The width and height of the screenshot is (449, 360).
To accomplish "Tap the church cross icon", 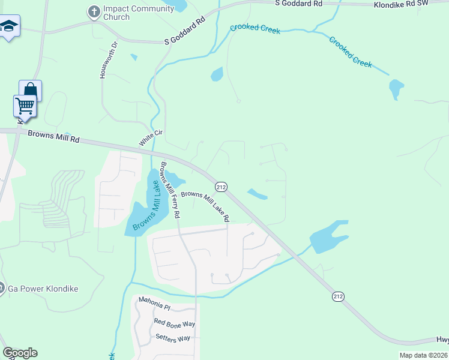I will click(93, 11).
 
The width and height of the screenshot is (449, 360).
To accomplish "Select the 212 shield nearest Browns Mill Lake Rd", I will click(221, 187).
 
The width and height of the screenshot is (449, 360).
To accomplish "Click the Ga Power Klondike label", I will click(43, 289).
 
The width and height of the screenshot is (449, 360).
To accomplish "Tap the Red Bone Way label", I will click(175, 323).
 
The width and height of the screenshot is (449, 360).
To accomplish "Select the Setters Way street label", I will click(172, 338).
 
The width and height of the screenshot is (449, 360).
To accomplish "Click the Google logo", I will click(20, 353).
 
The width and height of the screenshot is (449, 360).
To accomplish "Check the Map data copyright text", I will click(424, 355).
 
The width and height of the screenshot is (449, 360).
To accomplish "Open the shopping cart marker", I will click(25, 106).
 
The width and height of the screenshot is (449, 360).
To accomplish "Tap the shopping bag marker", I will click(30, 91).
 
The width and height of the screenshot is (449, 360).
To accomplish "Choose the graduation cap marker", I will click(9, 26).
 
